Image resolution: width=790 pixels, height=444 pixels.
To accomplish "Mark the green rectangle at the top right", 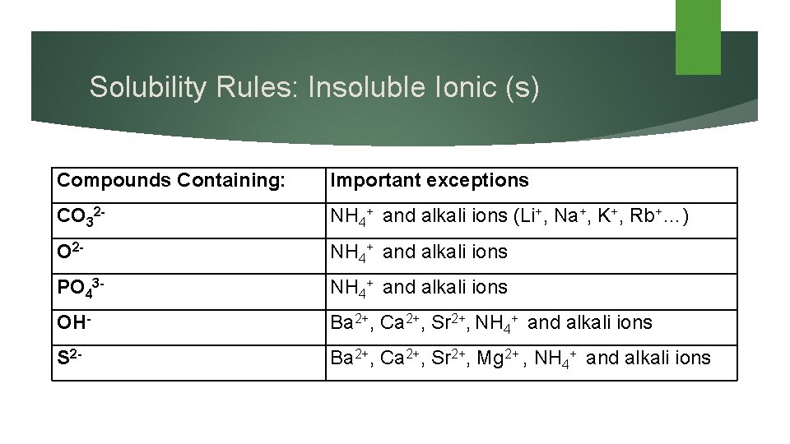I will click(x=698, y=36).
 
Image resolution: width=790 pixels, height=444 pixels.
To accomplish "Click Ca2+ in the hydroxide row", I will click(x=397, y=322).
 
